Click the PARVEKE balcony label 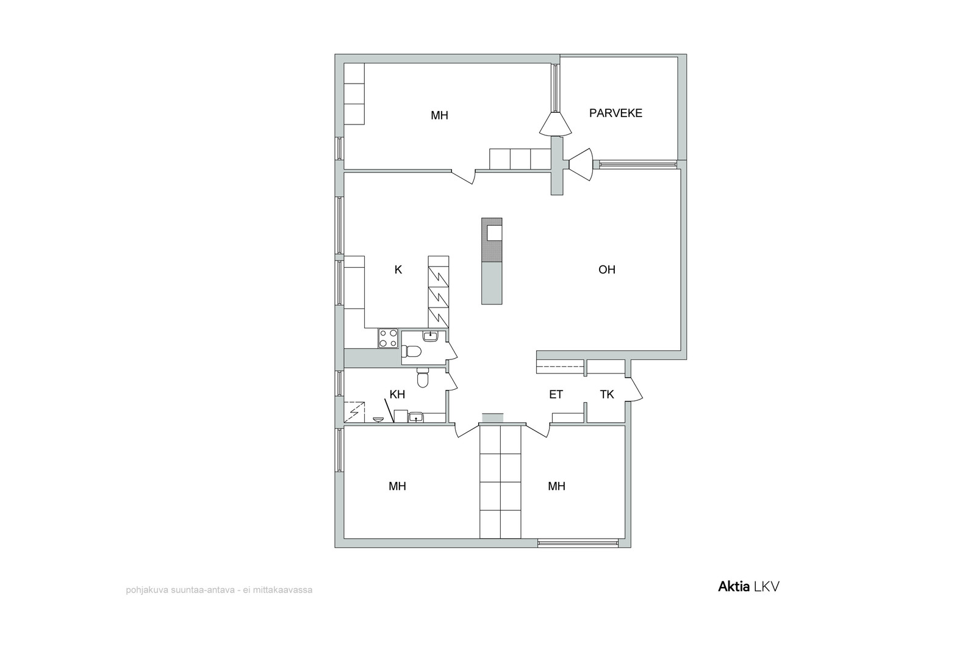coord(615,113)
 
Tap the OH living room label coord(607,270)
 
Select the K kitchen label coord(398,270)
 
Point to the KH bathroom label coord(397,394)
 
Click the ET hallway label coord(556,394)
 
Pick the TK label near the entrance coord(607,394)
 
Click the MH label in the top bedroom coord(440,115)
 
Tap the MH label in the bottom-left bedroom coord(397,486)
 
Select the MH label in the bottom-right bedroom coord(557,486)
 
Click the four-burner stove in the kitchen coord(388,338)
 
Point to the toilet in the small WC coord(411,351)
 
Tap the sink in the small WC coord(431,336)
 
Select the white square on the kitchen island coord(494,232)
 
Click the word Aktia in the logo coord(734,586)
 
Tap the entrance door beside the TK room coord(634,389)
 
